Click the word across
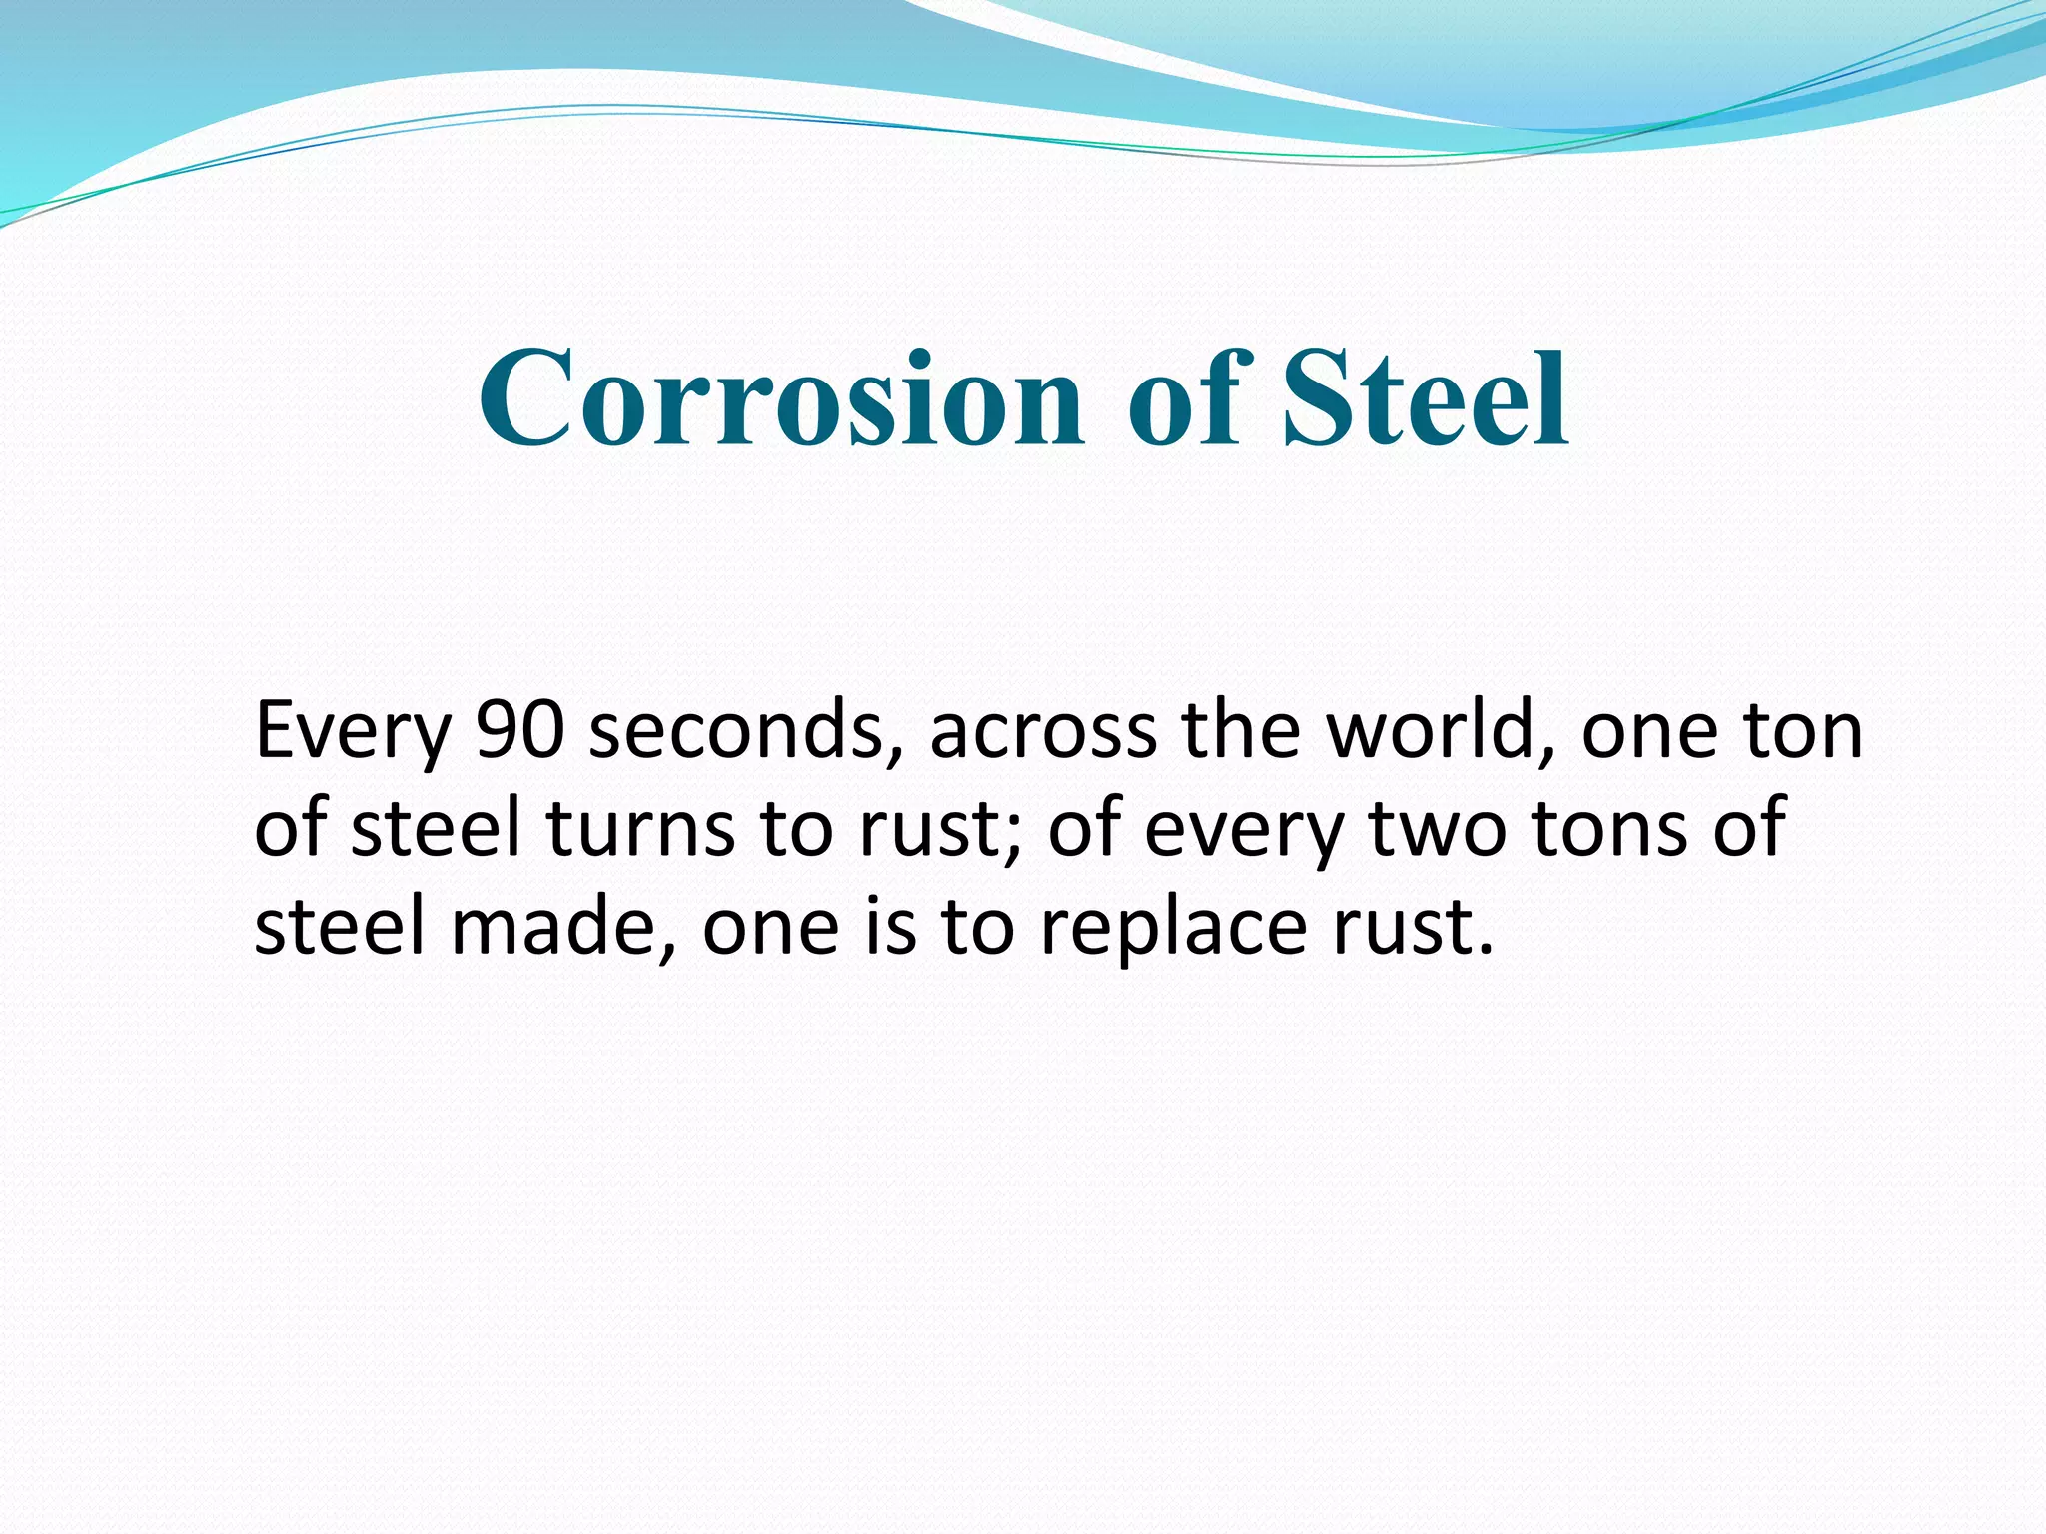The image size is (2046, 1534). point(1043,732)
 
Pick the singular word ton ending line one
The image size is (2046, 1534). point(1802,732)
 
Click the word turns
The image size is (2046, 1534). point(640,830)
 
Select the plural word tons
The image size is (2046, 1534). point(1609,830)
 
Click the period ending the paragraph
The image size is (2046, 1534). point(1483,949)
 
